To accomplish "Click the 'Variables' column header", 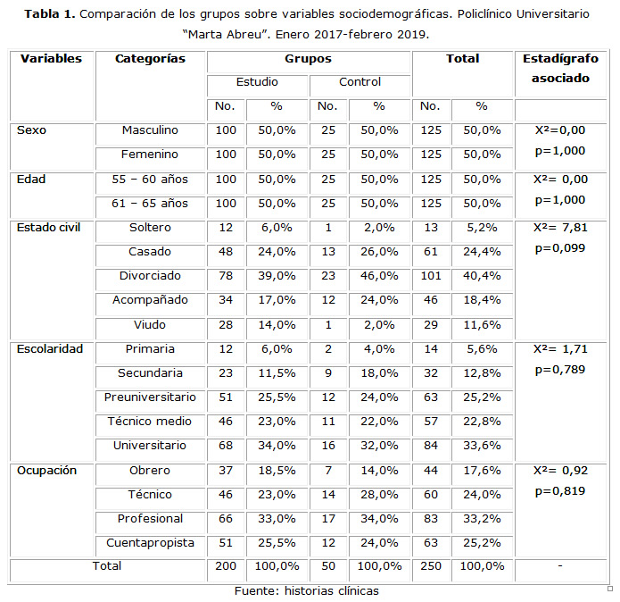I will click(x=51, y=59).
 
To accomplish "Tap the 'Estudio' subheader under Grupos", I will click(x=257, y=83).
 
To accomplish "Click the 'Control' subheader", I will click(x=360, y=83).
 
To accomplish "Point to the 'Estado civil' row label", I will click(x=49, y=227).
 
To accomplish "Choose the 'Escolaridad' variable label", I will click(x=50, y=348).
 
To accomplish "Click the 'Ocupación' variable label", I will click(x=47, y=470).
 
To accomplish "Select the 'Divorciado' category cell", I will click(x=150, y=276).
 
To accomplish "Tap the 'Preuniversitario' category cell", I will click(x=150, y=397).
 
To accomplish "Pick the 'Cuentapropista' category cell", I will click(x=150, y=542).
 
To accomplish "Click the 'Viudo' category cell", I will click(x=150, y=324).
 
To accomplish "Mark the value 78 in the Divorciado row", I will click(x=226, y=276).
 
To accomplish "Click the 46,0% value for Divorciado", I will click(x=379, y=276).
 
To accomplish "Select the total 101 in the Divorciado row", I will click(x=431, y=276).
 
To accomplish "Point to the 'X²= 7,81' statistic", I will click(x=560, y=227).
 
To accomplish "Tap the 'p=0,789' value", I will click(x=560, y=370).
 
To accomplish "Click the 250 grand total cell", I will click(x=431, y=566).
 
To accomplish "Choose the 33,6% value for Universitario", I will click(x=482, y=445).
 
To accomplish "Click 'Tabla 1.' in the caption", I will click(x=49, y=14).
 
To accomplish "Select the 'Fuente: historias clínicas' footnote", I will click(x=306, y=591).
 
